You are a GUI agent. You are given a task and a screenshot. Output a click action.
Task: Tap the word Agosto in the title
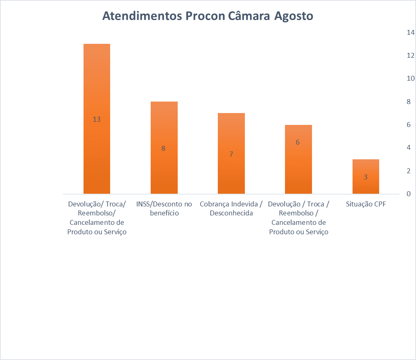294,16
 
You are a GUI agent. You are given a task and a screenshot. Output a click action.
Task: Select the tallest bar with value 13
97,82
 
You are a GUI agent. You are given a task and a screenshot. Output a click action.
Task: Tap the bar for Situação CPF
366,168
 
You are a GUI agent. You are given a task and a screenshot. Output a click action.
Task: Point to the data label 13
97,120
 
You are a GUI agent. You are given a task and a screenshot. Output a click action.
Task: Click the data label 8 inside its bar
163,148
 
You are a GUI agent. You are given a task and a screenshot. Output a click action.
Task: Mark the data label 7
231,154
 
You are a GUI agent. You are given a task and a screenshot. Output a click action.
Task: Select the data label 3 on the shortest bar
366,177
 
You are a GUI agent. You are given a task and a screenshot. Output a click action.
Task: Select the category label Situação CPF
366,204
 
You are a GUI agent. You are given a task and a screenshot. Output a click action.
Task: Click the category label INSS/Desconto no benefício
164,208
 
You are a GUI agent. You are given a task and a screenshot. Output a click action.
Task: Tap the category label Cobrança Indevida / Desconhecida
231,208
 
